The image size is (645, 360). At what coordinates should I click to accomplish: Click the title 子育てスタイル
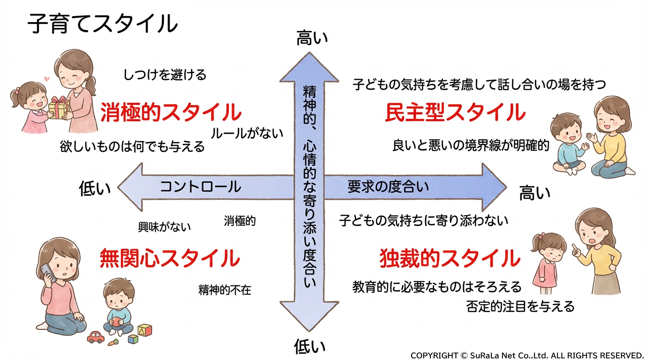(x=103, y=23)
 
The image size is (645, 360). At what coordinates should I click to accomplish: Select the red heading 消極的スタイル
(x=171, y=112)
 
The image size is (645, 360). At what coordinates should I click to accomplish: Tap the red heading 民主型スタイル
(x=455, y=112)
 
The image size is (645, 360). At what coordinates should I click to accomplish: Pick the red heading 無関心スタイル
(x=170, y=258)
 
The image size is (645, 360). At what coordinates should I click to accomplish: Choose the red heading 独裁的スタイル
(x=450, y=258)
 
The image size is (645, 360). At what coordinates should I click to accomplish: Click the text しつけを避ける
(x=165, y=75)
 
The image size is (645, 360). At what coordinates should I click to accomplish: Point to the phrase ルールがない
(x=247, y=133)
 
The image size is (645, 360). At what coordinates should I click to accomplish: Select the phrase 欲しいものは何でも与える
(x=132, y=147)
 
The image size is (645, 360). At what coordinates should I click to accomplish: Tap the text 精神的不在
(x=225, y=290)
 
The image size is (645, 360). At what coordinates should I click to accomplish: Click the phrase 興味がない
(x=165, y=227)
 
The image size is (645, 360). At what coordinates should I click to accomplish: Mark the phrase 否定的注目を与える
(x=520, y=307)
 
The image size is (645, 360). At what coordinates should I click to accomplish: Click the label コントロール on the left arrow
(x=201, y=187)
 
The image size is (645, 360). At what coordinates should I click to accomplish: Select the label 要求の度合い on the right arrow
(x=388, y=187)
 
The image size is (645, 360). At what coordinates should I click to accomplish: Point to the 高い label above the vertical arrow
(x=312, y=38)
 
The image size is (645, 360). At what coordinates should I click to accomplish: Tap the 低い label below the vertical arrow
(x=309, y=347)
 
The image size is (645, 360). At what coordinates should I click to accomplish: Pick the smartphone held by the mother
(x=46, y=271)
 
